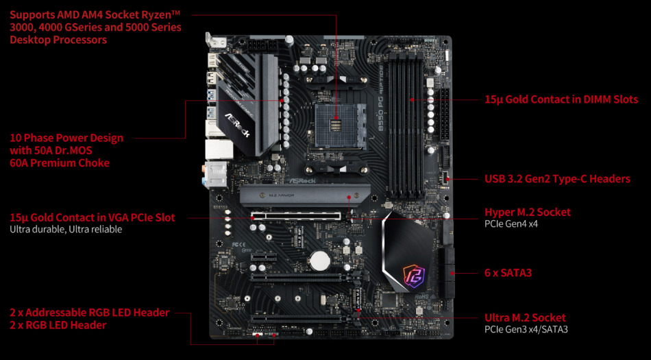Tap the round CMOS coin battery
(319, 260)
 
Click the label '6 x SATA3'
(508, 273)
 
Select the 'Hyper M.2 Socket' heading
(527, 213)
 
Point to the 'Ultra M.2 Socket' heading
(525, 318)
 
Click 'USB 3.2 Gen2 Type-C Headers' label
(557, 179)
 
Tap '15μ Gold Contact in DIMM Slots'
(561, 99)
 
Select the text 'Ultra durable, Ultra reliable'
(66, 229)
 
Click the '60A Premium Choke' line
(60, 163)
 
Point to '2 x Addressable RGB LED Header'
(89, 313)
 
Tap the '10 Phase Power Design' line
(66, 138)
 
